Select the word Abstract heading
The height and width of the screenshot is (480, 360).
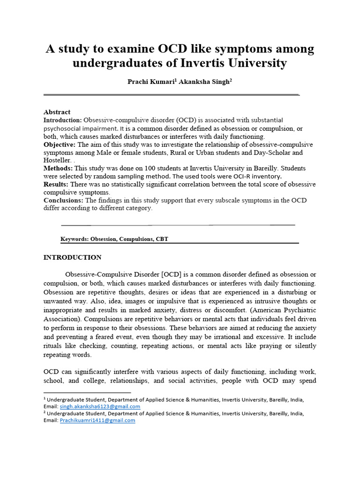point(57,112)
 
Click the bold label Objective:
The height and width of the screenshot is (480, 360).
point(60,144)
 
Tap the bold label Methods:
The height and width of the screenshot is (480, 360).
point(58,168)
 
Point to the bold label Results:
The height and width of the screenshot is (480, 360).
point(57,184)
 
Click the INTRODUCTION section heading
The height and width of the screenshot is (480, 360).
point(72,257)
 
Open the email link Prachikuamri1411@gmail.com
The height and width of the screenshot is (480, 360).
point(97,420)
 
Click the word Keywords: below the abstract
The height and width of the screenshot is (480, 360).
point(75,239)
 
